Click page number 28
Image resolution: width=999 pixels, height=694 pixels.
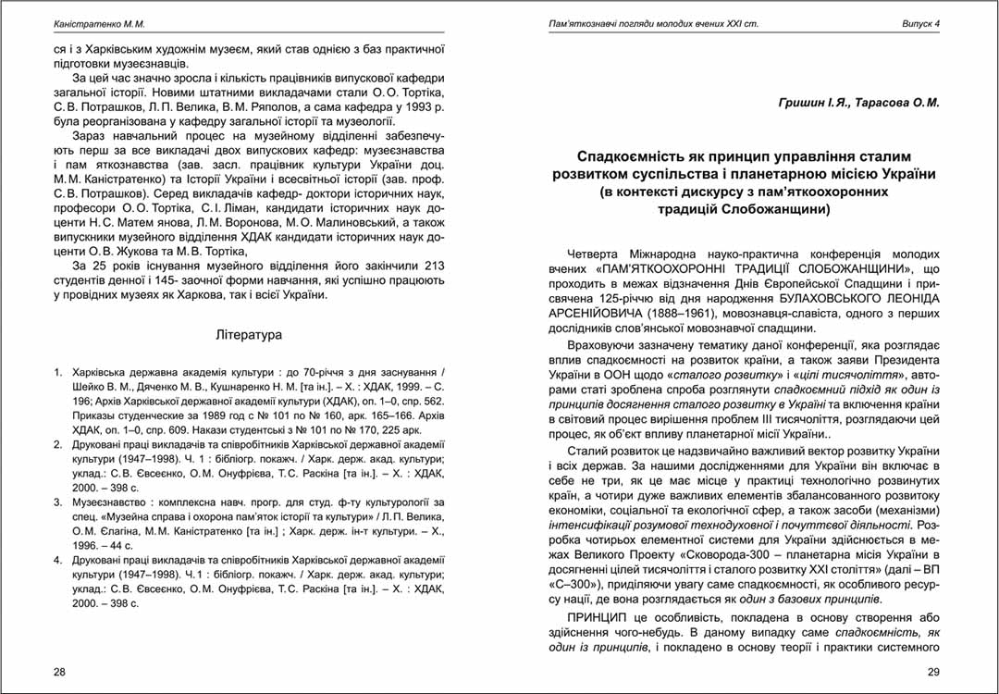[x=60, y=671]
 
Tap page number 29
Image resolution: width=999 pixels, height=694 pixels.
[x=933, y=671]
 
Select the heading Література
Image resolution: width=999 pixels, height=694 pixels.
[x=248, y=334]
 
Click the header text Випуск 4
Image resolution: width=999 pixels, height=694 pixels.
[x=920, y=23]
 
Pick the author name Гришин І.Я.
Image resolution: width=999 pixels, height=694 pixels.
[x=815, y=104]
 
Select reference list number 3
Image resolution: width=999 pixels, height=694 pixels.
[x=58, y=502]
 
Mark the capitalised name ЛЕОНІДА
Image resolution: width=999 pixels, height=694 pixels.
[x=906, y=298]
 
